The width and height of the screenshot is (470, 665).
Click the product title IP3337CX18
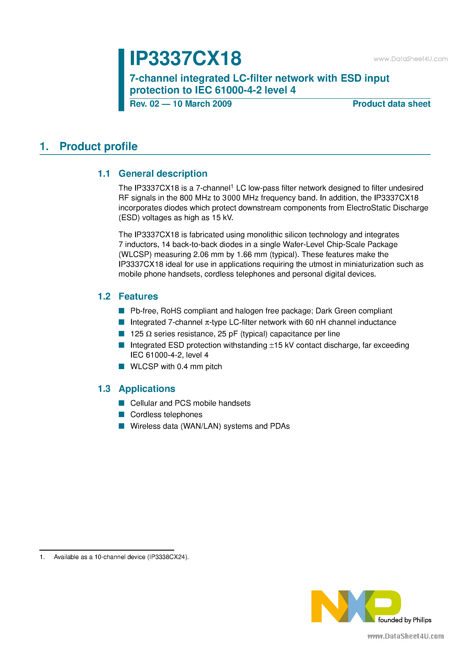point(185,58)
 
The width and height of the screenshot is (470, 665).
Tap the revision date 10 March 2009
point(202,104)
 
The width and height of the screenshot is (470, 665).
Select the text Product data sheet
point(391,104)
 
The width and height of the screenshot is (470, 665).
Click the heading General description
point(163,174)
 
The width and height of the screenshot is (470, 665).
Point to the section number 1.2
point(104,296)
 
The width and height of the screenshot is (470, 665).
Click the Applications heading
point(147,389)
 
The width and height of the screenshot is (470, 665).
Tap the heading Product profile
point(98,146)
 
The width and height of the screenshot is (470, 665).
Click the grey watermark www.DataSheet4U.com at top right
point(410,59)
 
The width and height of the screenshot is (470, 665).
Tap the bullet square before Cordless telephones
point(121,414)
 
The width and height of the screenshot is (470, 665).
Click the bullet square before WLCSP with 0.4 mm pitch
point(121,366)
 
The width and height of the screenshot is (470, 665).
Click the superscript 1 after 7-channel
point(232,186)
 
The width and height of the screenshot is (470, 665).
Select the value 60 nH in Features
point(315,322)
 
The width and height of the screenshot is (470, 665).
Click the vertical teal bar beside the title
point(121,80)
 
